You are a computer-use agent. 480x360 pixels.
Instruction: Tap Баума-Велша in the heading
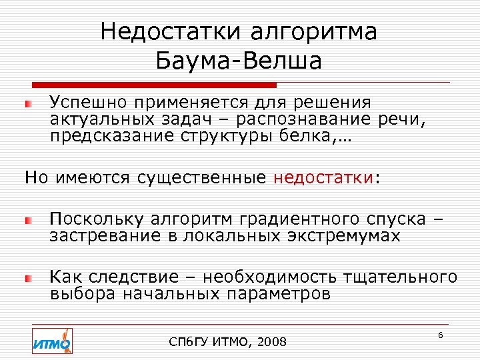239,61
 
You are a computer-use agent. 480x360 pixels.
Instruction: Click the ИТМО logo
52,341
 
